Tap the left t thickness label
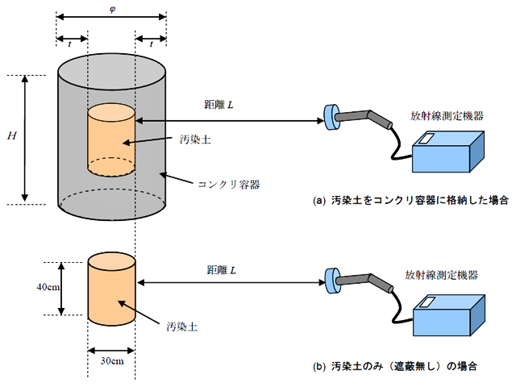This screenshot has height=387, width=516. tap(71, 46)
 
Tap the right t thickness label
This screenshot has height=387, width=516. tap(152, 46)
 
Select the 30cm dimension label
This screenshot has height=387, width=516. tap(111, 360)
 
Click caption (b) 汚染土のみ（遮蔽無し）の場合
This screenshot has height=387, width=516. tap(394, 367)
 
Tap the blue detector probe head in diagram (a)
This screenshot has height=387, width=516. tap(331, 118)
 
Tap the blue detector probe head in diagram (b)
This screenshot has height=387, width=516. tap(331, 279)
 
